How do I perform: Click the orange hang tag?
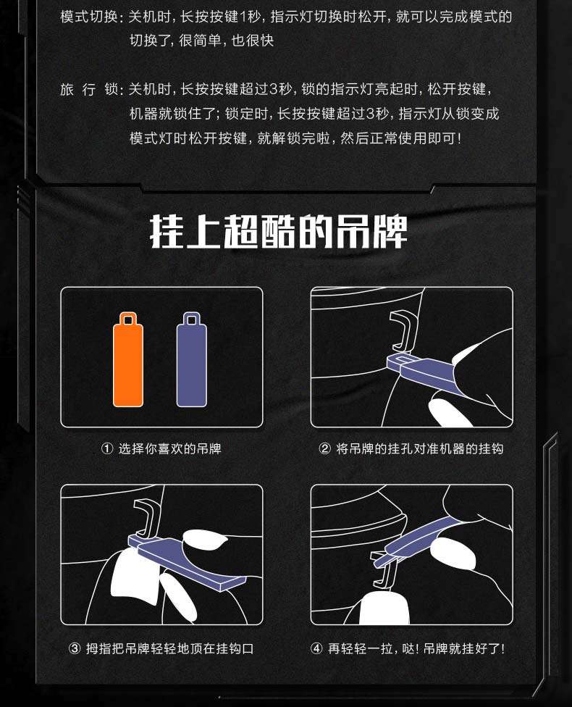[x=128, y=361]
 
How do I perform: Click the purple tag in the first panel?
[x=192, y=361]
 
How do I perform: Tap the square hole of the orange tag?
[x=128, y=320]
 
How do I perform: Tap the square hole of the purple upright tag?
[x=192, y=320]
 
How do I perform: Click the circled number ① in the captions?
[x=107, y=448]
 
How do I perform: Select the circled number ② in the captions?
[x=324, y=448]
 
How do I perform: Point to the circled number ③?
[x=75, y=649]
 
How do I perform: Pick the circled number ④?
[x=317, y=649]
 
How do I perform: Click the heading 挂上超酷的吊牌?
[x=279, y=231]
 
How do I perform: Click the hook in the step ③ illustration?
[x=147, y=519]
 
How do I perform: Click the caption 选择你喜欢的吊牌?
[x=170, y=448]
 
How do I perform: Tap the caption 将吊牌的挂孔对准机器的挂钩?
[x=420, y=448]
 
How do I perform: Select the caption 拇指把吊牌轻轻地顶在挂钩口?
[x=170, y=649]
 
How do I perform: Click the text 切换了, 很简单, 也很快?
[x=201, y=41]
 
